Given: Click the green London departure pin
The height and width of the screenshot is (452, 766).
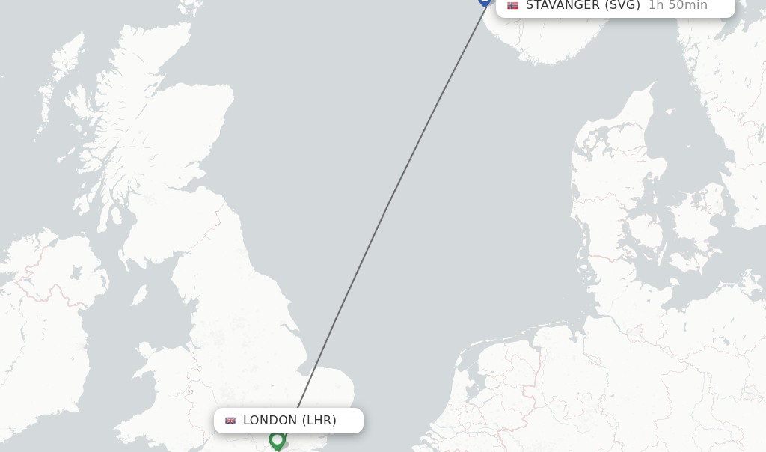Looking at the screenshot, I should pyautogui.click(x=277, y=440).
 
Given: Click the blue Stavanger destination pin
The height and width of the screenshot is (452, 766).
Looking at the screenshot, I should pyautogui.click(x=485, y=2).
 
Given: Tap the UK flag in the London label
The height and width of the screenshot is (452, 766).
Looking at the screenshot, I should pyautogui.click(x=230, y=421).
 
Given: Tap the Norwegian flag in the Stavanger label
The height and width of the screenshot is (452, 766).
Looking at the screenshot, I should pyautogui.click(x=512, y=5).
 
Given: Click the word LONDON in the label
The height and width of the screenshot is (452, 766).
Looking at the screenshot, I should pyautogui.click(x=270, y=421).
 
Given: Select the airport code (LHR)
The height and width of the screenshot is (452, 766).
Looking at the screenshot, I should pyautogui.click(x=319, y=421).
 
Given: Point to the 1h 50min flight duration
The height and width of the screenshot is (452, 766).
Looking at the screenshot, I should pyautogui.click(x=678, y=6).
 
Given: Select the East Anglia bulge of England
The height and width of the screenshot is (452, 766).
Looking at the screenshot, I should pyautogui.click(x=329, y=389).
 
